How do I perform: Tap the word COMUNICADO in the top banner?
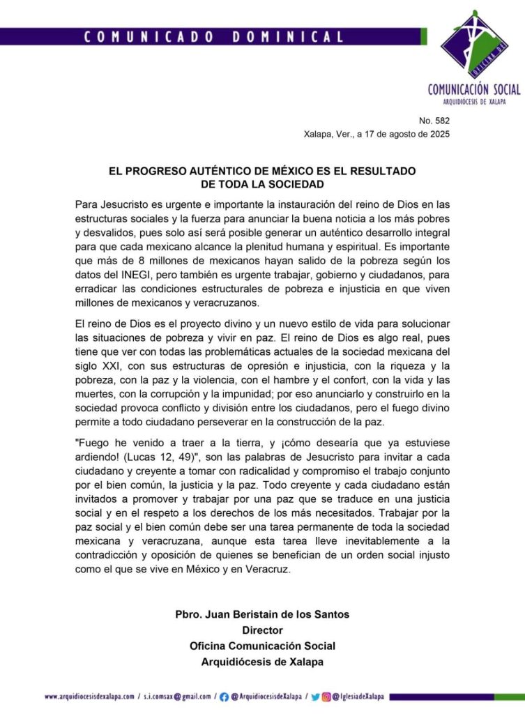coord(147,38)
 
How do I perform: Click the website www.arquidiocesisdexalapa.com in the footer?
coord(89,696)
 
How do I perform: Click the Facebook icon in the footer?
coord(224,696)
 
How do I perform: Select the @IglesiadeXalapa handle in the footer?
coord(357,696)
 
